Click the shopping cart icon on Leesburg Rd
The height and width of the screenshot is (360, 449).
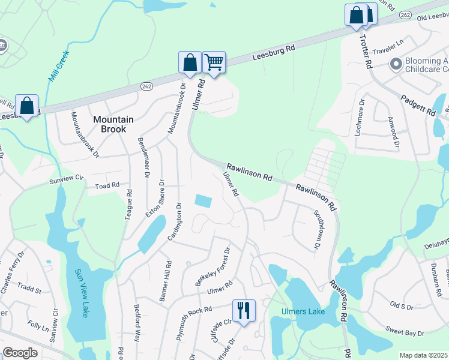(x=214, y=62)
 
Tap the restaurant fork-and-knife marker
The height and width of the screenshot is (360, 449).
(x=243, y=310)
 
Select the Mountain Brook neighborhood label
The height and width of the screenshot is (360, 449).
(x=109, y=124)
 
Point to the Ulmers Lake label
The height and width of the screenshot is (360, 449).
(x=303, y=311)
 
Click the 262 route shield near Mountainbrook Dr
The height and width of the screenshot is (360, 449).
(x=147, y=86)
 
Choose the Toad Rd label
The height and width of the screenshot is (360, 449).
(x=107, y=186)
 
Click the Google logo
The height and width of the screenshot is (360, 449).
(x=20, y=353)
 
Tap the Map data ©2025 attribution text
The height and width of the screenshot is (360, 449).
(x=423, y=355)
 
